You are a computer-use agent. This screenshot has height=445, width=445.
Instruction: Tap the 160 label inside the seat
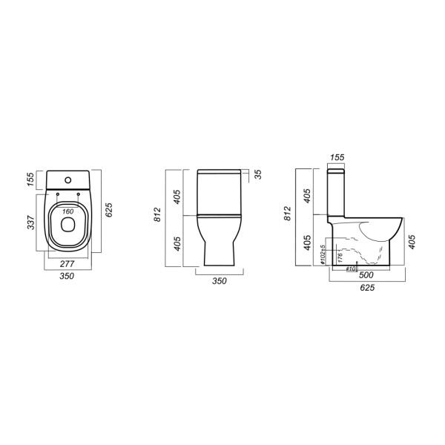pos(67,212)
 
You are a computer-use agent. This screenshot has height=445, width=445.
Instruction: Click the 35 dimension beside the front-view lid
pos(257,175)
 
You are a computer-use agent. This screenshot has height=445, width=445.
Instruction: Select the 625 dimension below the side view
pos(366,288)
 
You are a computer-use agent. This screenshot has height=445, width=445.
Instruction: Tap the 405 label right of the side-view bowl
pos(412,240)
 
